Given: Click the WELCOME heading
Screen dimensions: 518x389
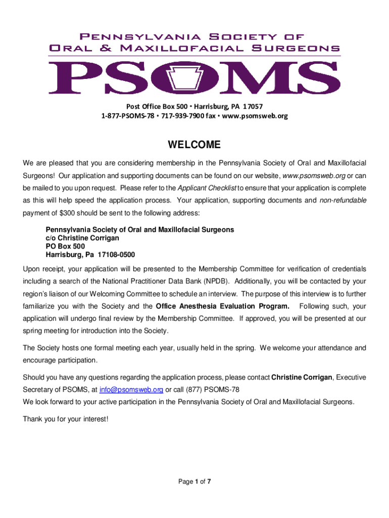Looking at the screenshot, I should (x=194, y=146).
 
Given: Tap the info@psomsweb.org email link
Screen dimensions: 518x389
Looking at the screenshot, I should (x=131, y=390).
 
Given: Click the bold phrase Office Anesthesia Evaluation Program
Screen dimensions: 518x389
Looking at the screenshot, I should (x=223, y=306).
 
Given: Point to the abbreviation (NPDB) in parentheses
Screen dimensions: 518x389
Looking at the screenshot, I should (x=216, y=282).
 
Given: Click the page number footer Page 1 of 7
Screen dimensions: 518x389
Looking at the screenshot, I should (x=194, y=482).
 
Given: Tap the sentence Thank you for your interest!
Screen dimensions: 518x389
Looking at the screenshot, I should (x=66, y=419).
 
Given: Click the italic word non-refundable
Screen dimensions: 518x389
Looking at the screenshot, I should (x=343, y=200).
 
